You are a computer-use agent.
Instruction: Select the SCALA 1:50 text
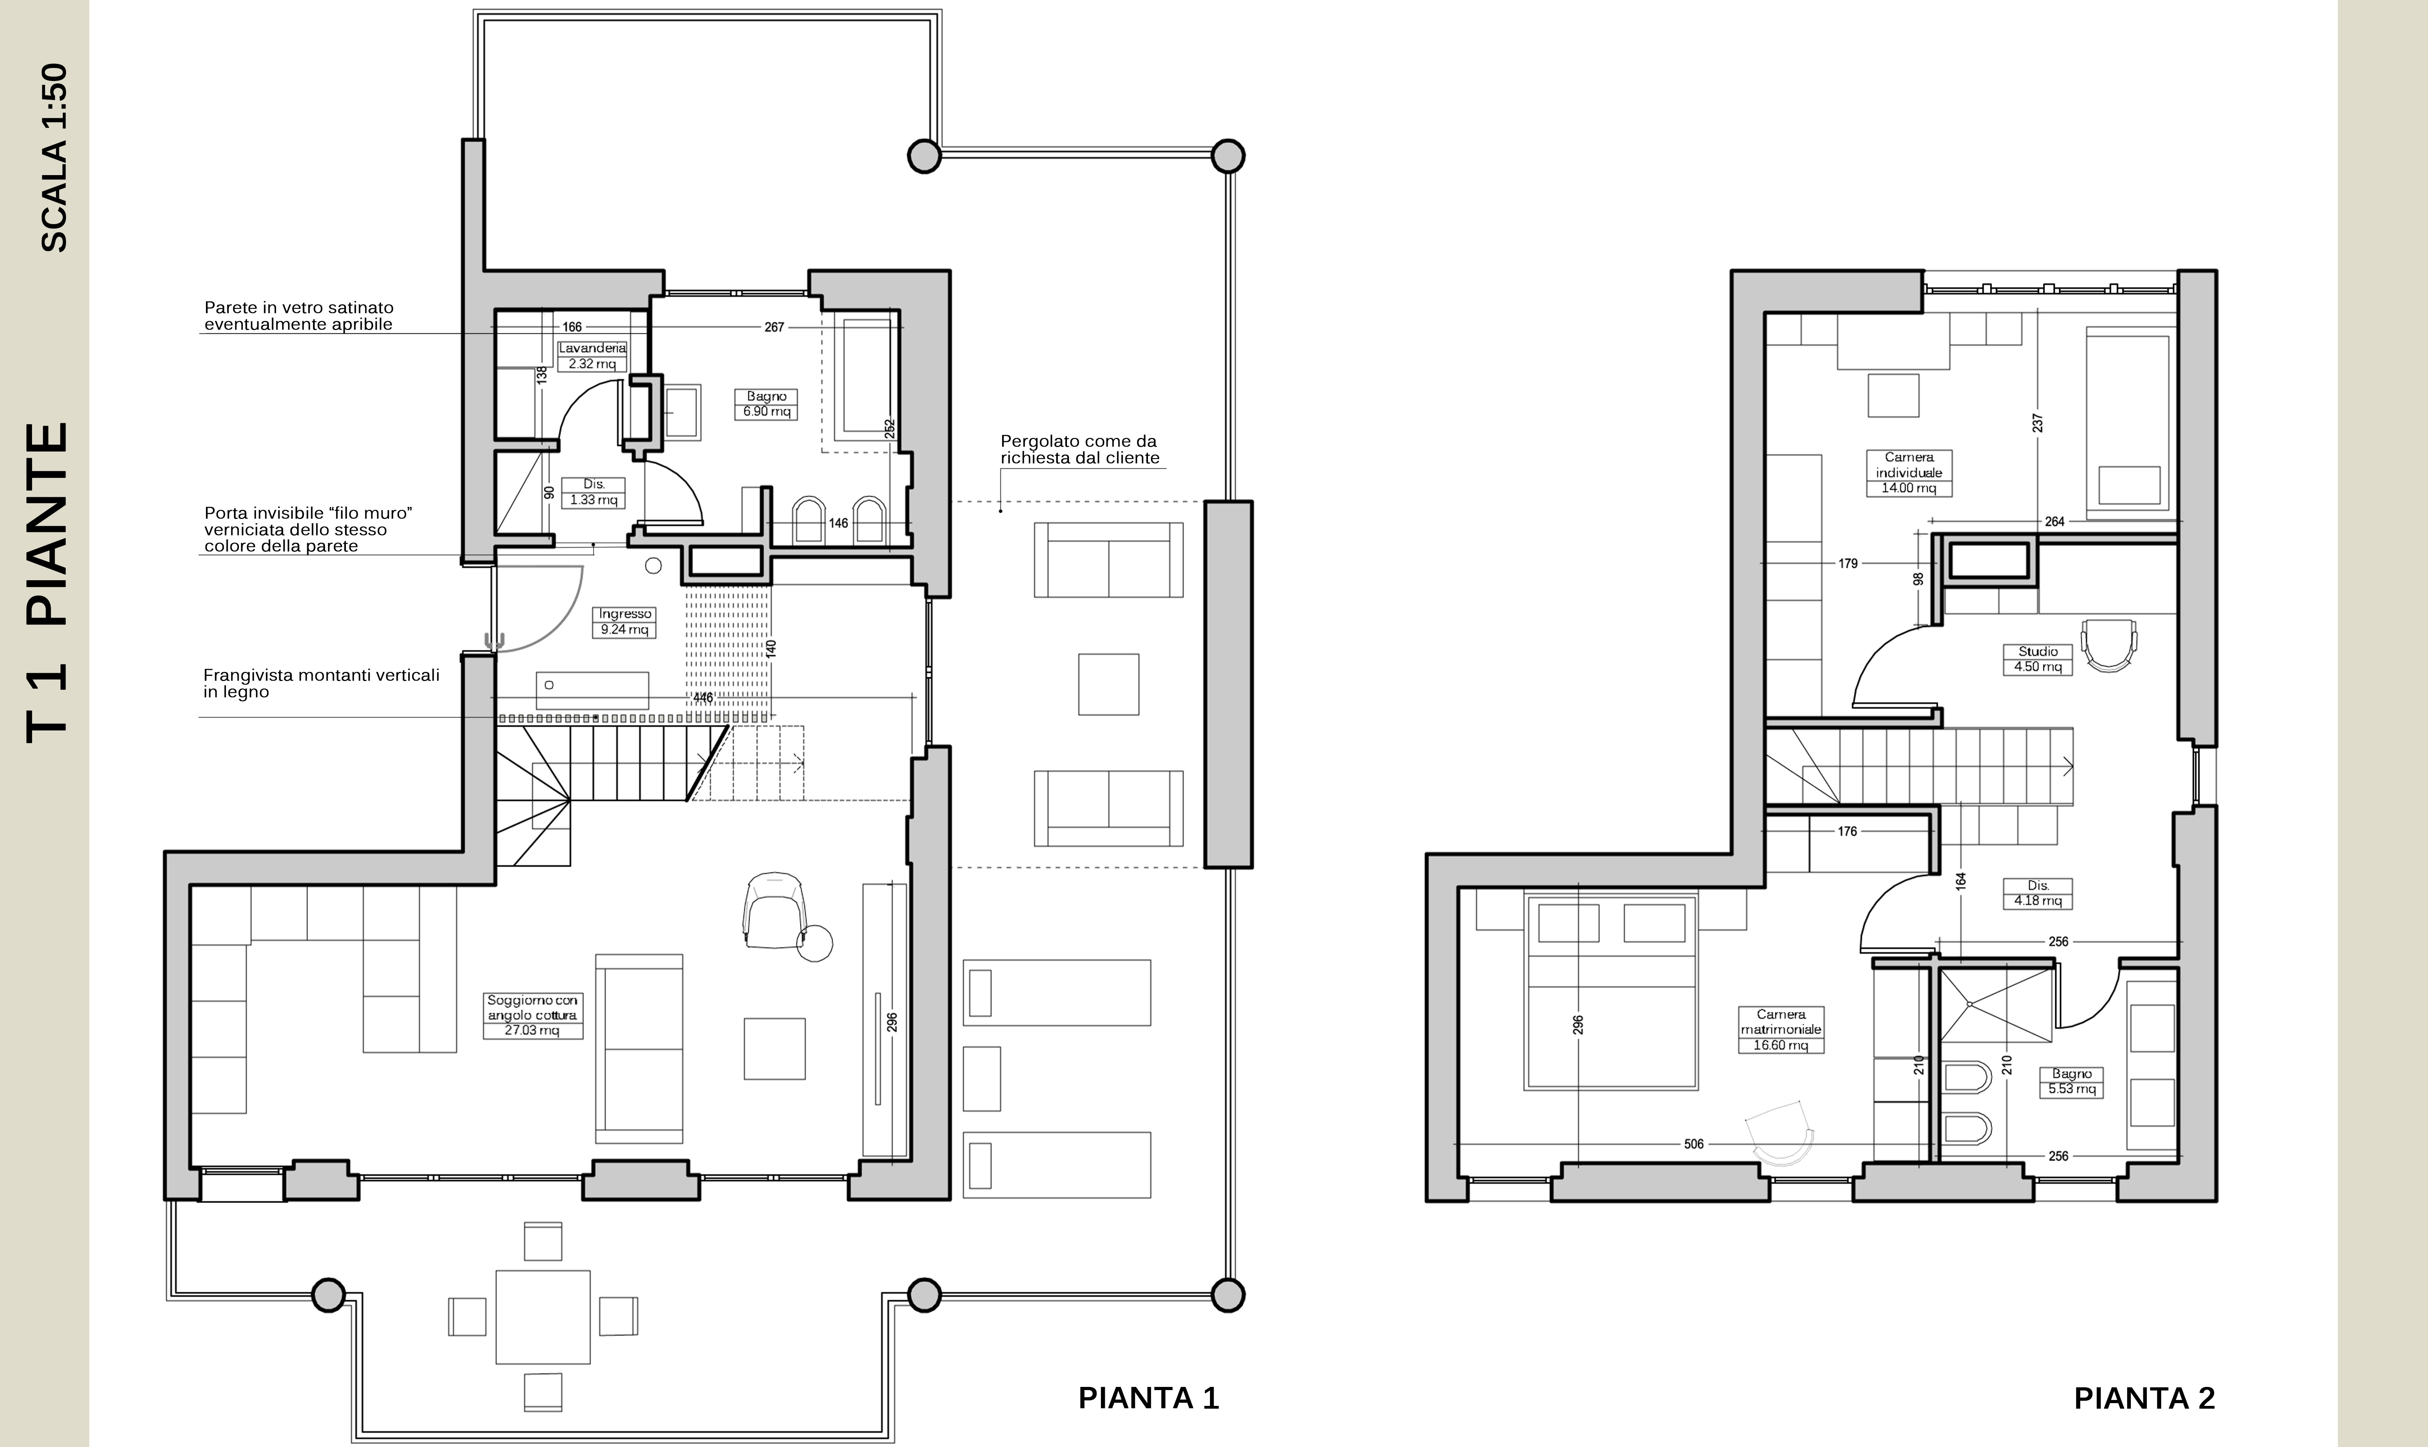tap(55, 158)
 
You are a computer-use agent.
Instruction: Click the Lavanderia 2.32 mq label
tap(592, 356)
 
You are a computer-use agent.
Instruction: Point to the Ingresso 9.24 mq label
tap(624, 622)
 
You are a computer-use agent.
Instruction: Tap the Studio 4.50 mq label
tap(2038, 659)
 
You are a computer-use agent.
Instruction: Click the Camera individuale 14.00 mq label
tap(1908, 473)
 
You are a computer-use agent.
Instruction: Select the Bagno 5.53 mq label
tap(2071, 1081)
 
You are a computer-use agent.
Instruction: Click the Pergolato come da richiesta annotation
tap(1080, 449)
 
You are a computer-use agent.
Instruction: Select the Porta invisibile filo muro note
tap(308, 530)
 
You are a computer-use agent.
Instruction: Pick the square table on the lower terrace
tap(543, 1316)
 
